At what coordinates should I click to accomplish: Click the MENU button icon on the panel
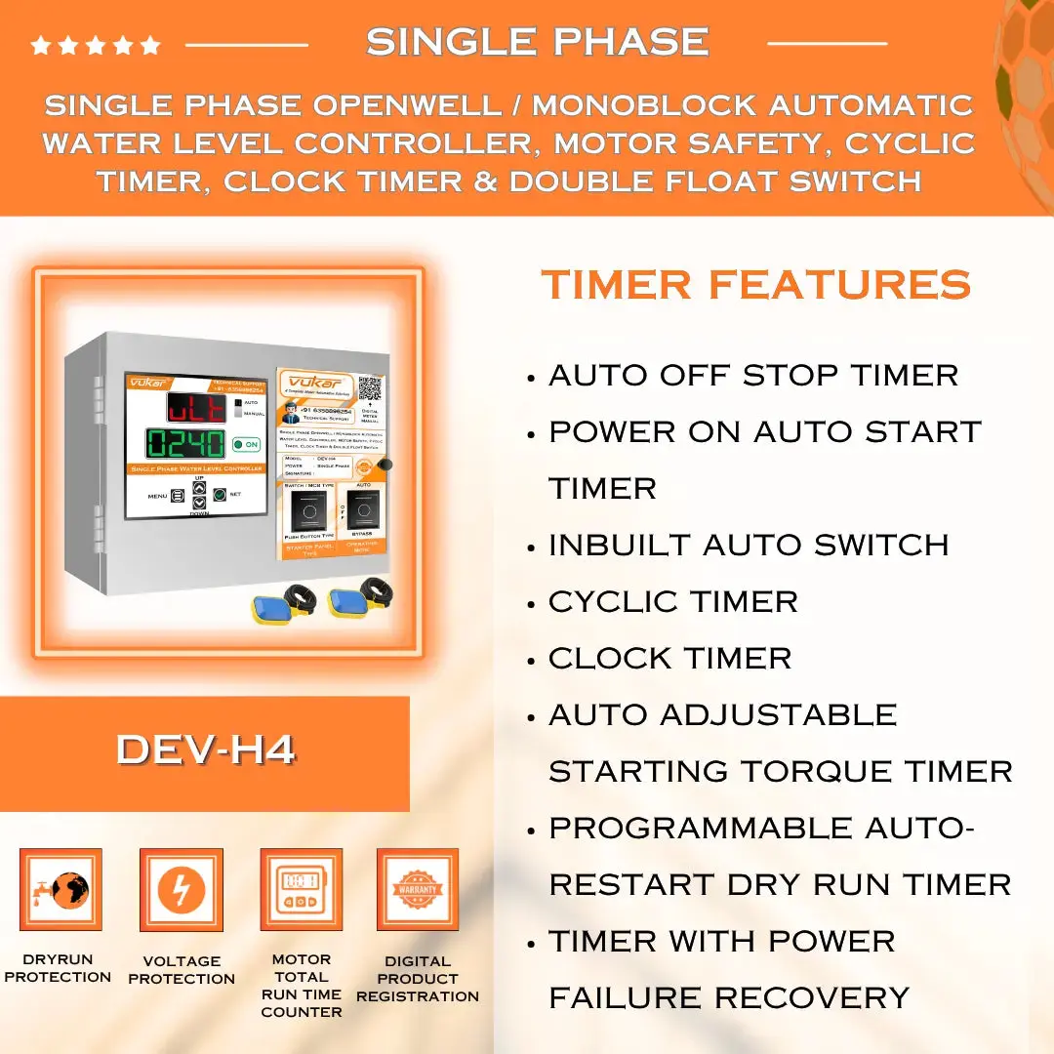178,495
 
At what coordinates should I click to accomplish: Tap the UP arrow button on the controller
199,488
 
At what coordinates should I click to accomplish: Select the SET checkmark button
220,495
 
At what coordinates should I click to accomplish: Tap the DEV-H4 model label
205,750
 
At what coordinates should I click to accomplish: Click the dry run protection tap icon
61,889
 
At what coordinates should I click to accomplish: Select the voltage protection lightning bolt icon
181,889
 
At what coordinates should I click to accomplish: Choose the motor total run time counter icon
301,889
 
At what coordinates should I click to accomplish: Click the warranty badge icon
418,889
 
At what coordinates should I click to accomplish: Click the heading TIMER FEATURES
756,285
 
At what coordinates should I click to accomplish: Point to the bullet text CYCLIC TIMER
672,601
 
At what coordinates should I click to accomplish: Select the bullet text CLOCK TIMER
669,658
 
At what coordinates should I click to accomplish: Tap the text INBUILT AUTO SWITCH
748,545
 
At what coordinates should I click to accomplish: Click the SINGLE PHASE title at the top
537,42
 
